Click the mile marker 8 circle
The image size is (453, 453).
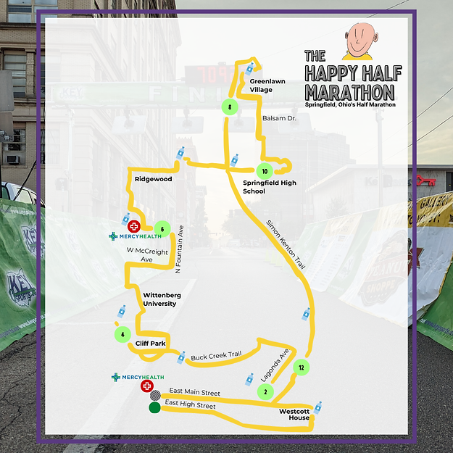click(x=229, y=108)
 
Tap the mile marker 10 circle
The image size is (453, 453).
click(x=265, y=172)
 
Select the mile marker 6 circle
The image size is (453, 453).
click(x=162, y=230)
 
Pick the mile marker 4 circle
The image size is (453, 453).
click(x=123, y=335)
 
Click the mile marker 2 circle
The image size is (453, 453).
click(x=266, y=392)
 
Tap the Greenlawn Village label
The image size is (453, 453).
click(x=261, y=86)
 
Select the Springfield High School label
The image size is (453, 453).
click(x=265, y=187)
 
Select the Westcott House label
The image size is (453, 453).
click(x=294, y=414)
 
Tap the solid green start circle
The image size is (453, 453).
click(x=154, y=408)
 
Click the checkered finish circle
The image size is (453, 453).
click(x=154, y=396)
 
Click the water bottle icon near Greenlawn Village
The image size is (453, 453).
click(x=249, y=68)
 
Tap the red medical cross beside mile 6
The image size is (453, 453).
click(x=133, y=227)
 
